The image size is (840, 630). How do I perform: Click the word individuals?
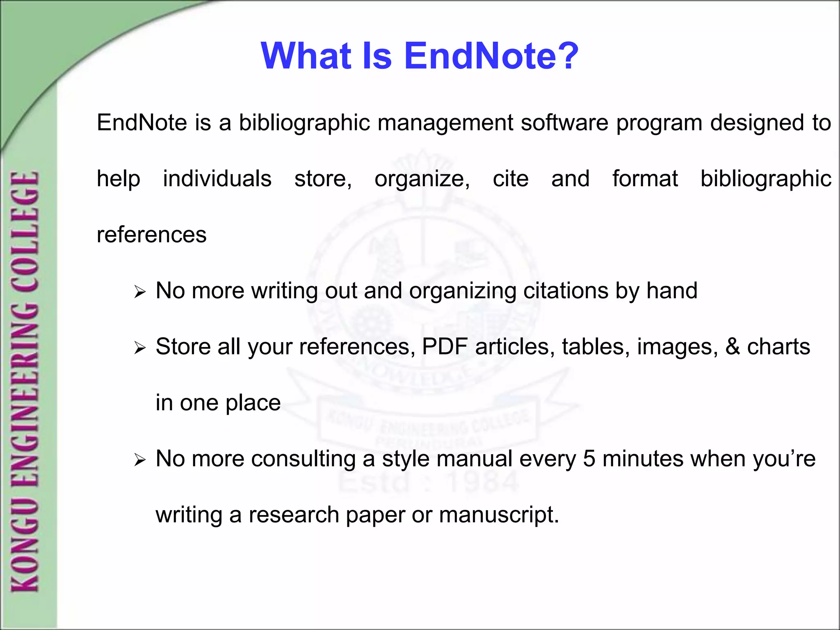pos(217,179)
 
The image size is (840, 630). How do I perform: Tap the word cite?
pos(510,179)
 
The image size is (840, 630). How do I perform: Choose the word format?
pos(645,179)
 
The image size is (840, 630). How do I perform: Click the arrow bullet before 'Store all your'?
pos(140,349)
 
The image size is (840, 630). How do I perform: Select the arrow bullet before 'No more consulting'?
pos(140,461)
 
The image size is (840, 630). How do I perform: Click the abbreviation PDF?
pos(445,347)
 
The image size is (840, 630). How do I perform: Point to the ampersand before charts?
pos(733,347)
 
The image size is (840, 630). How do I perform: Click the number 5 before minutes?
pos(589,459)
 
